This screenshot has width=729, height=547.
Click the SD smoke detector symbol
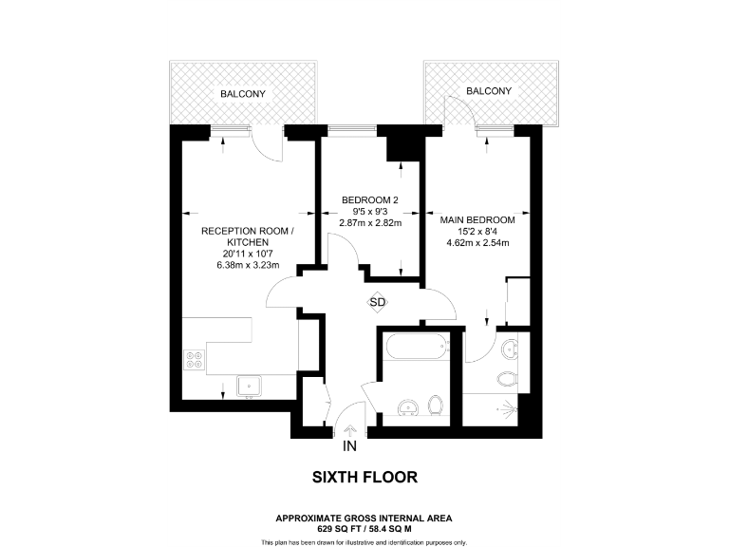378,302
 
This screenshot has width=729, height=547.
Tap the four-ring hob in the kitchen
193,360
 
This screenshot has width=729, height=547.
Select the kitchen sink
250,386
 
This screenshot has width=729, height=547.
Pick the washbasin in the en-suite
514,349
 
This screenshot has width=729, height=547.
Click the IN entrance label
349,445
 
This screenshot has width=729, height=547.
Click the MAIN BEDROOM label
478,219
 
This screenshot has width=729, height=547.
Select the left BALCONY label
243,94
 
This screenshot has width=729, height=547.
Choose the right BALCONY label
489,91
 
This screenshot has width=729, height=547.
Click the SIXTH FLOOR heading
364,477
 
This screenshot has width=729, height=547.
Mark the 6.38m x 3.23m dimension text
243,266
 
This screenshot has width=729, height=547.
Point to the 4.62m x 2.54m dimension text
478,242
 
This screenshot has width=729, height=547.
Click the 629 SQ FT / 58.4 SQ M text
364,528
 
